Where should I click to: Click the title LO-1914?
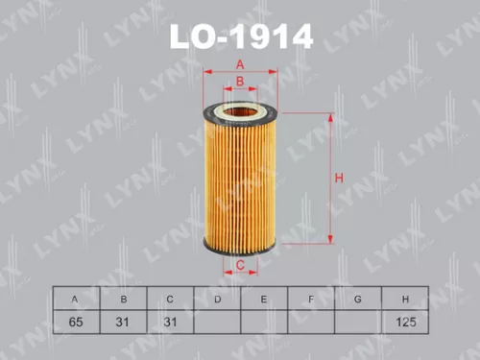point(241,37)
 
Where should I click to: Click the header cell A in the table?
point(75,300)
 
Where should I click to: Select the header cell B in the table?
point(123,300)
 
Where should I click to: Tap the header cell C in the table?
point(170,300)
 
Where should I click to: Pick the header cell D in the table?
point(217,300)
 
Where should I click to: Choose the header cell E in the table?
point(264,300)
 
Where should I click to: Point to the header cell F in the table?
point(311,300)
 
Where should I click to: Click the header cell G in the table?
point(358,300)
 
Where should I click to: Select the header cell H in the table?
point(405,300)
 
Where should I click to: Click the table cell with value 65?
point(75,322)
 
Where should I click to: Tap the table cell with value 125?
point(405,322)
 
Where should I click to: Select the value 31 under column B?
point(123,322)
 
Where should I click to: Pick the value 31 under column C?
point(170,322)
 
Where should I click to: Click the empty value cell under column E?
point(264,322)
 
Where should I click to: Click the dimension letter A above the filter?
point(241,63)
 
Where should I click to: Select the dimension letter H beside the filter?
point(338,178)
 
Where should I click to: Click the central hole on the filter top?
point(241,111)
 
